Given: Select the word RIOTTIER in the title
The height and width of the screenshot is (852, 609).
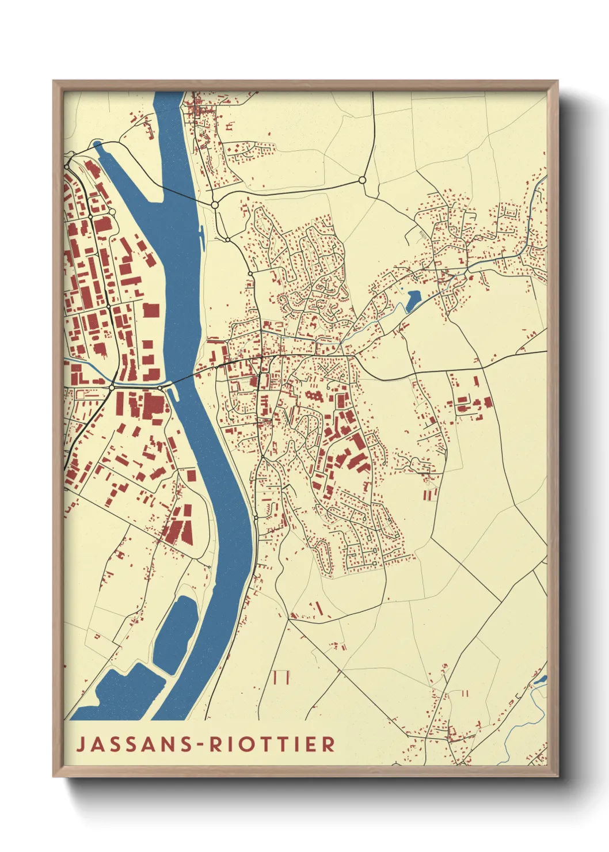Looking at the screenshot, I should click(x=272, y=744).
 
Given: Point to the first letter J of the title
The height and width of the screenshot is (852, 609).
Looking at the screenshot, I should click(x=81, y=744).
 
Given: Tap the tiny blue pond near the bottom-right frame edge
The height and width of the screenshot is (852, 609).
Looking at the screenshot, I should click(x=539, y=680).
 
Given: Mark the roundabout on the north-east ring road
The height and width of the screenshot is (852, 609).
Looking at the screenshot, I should click(x=362, y=180).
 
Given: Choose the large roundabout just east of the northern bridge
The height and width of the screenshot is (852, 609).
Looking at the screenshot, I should click(x=215, y=204).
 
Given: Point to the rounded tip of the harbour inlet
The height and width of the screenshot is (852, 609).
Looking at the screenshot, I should click(x=97, y=144).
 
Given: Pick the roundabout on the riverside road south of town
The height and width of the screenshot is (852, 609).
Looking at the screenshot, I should click(x=256, y=519).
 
